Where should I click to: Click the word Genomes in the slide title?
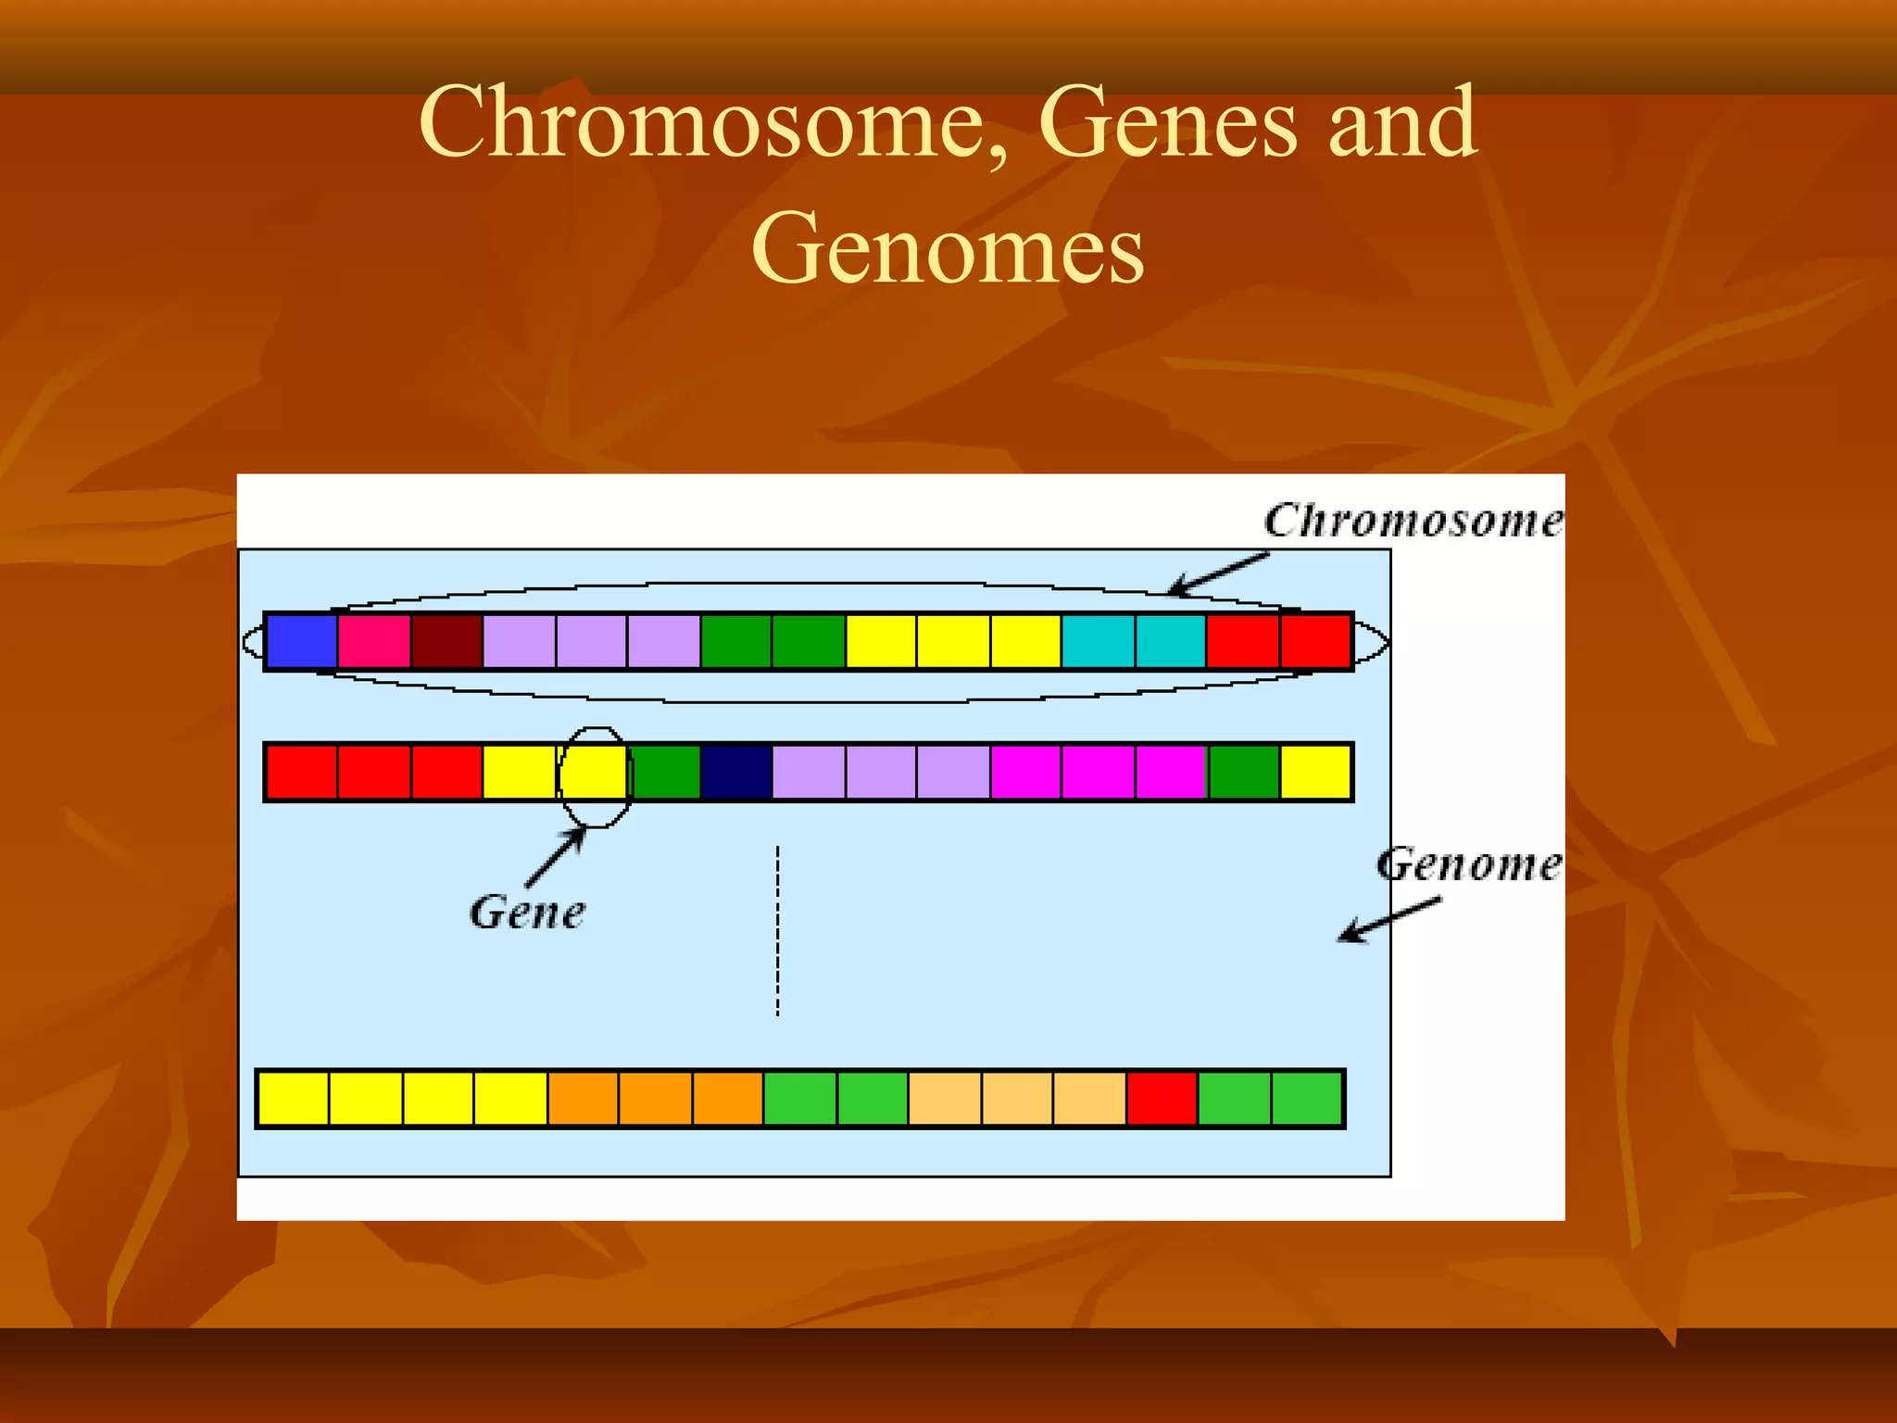click(x=948, y=248)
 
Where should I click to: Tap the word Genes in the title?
click(x=1167, y=122)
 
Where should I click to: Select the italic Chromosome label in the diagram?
click(x=1412, y=521)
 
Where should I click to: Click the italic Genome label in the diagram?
click(x=1468, y=864)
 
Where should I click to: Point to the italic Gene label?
click(x=527, y=913)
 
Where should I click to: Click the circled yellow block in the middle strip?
click(x=595, y=772)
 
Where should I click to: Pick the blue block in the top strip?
click(x=301, y=641)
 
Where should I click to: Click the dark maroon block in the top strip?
click(x=446, y=641)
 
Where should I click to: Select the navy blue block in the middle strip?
click(x=736, y=772)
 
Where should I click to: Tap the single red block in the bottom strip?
click(x=1162, y=1099)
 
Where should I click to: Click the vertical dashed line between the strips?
click(x=778, y=931)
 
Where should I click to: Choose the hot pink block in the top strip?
click(x=374, y=641)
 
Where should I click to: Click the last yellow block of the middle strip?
click(x=1315, y=772)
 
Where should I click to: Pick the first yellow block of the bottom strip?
click(x=294, y=1099)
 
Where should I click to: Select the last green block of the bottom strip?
click(x=1307, y=1099)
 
